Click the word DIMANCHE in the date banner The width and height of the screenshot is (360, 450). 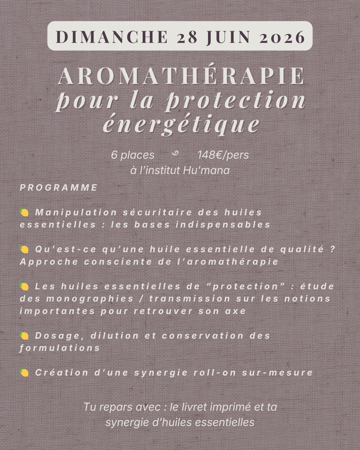(112, 37)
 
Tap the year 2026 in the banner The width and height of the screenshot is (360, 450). (282, 37)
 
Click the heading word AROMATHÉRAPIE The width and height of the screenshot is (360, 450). (181, 76)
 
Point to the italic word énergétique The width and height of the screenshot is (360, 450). (181, 124)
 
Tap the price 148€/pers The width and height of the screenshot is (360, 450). (223, 155)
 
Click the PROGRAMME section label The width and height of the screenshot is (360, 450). (59, 187)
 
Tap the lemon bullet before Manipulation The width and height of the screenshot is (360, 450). (24, 213)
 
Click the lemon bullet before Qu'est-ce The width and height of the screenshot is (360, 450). (24, 249)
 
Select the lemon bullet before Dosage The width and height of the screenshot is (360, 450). (24, 336)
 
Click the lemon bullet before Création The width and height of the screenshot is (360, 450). (24, 373)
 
